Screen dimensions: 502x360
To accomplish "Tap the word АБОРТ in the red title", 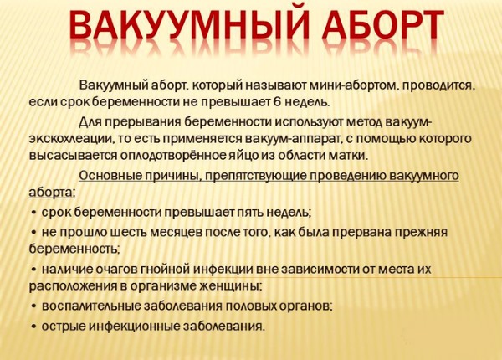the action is click(383, 25).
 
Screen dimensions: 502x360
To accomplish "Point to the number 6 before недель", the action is click(277, 102).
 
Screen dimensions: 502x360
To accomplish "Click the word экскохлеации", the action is click(70, 139).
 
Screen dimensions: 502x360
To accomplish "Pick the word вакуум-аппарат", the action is click(294, 139).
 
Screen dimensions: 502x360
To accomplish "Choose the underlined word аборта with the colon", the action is click(52, 193).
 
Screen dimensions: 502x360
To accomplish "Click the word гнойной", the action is click(165, 269).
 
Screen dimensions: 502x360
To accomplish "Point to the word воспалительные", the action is click(91, 306).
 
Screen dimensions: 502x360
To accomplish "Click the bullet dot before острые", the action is click(33, 327).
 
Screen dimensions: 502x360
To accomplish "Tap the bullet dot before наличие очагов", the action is click(33, 270).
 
